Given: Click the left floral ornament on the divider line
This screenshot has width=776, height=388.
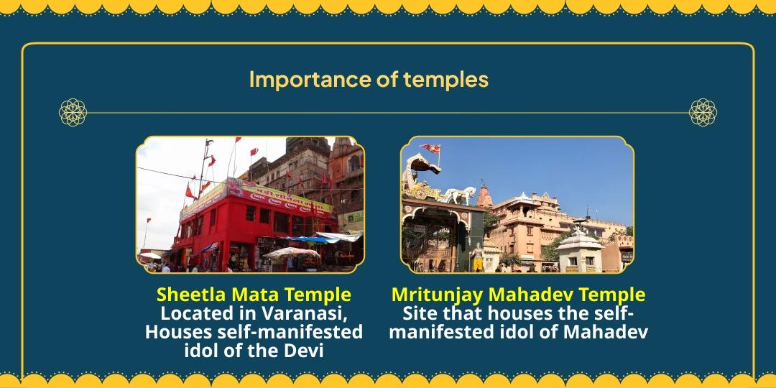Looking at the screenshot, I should point(73,113).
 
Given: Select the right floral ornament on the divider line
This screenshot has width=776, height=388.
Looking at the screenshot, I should point(703,113).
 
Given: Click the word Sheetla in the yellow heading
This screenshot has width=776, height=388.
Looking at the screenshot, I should point(188,295).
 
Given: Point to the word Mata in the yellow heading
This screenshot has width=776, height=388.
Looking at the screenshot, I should point(251,295).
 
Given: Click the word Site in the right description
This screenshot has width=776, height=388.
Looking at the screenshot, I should point(418,314).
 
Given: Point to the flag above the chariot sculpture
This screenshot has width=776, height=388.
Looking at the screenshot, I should point(433,149).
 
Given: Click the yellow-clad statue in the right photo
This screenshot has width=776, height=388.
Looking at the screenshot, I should point(477,255).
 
